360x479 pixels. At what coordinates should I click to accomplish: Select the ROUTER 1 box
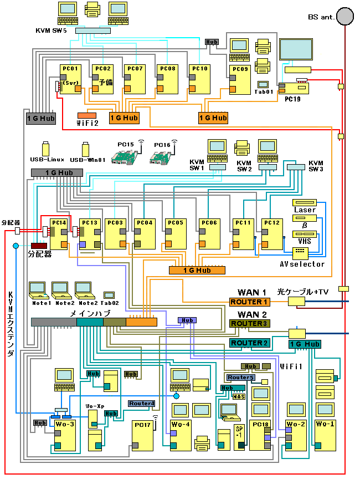click(249, 302)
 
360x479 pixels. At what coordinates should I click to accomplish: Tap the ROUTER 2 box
click(249, 343)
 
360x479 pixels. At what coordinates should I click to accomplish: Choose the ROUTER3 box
click(249, 323)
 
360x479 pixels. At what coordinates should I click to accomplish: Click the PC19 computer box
click(294, 88)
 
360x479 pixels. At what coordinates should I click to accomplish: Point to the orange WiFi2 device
click(87, 114)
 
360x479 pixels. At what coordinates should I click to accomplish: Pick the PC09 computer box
click(240, 80)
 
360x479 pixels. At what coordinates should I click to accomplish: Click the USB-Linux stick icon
click(45, 149)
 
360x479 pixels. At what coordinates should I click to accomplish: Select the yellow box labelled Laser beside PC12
click(305, 203)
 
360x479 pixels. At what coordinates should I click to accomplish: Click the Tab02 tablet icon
click(109, 295)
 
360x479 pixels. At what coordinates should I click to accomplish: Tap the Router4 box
click(141, 403)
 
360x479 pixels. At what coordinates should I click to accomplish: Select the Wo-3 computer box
click(65, 436)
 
